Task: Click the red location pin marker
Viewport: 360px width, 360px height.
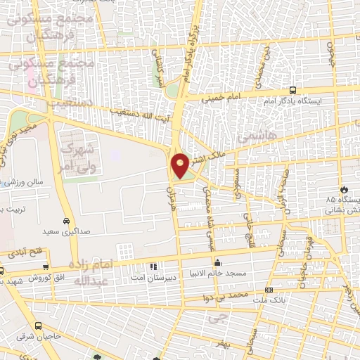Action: click(x=181, y=165)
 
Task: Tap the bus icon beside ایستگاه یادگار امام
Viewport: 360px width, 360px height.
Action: click(x=292, y=91)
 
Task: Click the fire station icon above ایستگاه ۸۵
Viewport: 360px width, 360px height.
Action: click(x=344, y=190)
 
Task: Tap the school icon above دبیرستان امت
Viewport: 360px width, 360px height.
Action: click(x=153, y=266)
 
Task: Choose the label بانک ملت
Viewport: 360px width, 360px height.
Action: click(x=269, y=300)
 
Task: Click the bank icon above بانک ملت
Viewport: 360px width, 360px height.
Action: click(x=268, y=290)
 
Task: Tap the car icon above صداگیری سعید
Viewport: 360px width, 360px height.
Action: click(x=65, y=219)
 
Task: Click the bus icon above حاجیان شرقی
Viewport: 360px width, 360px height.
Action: click(x=37, y=326)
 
